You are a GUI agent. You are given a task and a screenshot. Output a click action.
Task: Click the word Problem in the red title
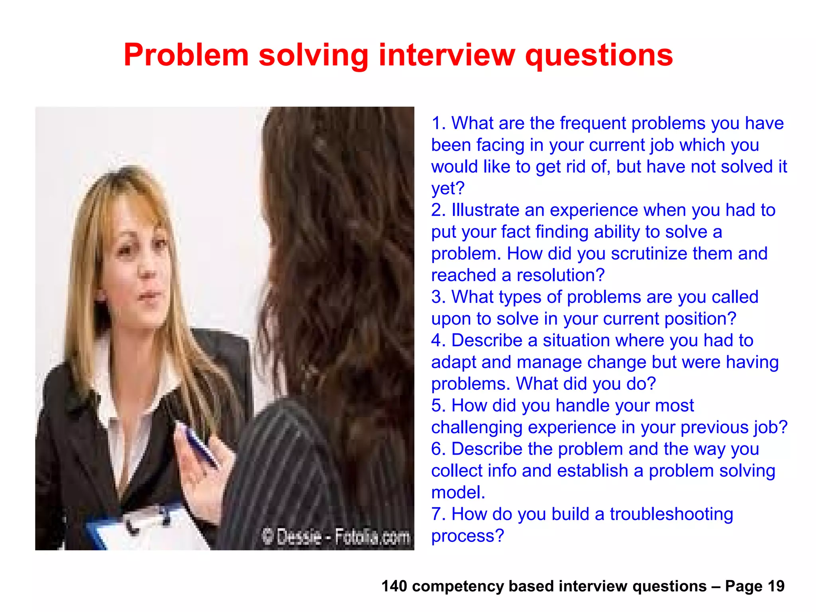[186, 55]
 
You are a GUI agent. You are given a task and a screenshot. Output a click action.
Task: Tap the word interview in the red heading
[447, 55]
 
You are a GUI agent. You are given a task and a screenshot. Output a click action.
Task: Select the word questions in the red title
[599, 56]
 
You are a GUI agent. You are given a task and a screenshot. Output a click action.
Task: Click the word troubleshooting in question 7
[671, 514]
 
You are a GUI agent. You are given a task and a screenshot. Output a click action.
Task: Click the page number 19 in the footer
[776, 586]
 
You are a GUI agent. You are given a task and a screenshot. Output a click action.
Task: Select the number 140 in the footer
[394, 586]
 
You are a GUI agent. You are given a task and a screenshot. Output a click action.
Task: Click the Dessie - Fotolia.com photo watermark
[335, 537]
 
